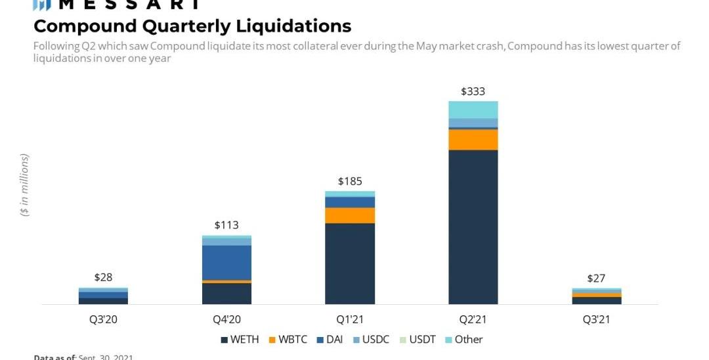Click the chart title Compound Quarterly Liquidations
tap(192, 26)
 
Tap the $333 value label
tap(473, 91)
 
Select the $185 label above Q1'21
tap(349, 181)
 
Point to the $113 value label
tap(226, 225)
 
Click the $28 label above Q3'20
tap(103, 277)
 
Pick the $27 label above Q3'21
tap(596, 278)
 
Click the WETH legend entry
tap(240, 340)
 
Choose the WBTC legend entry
tap(291, 340)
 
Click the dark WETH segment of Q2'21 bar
tap(473, 227)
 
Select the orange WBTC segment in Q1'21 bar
tap(349, 215)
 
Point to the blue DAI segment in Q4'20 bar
tap(226, 263)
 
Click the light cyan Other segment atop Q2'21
tap(473, 110)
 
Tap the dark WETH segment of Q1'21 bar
tap(349, 263)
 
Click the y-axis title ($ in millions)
tap(25, 185)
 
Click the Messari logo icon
tap(41, 5)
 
